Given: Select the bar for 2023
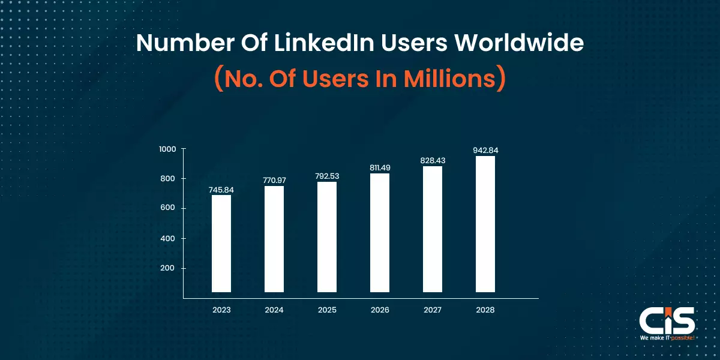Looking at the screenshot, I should (221, 244).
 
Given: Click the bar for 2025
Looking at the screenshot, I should (327, 237).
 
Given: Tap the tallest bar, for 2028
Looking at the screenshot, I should (485, 224).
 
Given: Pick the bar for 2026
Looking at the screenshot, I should (380, 233).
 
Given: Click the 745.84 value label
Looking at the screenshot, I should (221, 190).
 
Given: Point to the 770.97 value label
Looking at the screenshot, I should (274, 180).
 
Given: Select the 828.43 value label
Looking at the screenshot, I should (433, 161).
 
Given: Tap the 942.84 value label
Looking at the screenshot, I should (485, 150).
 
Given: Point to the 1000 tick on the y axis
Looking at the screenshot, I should (167, 149).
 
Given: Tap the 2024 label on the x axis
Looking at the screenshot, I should (274, 310).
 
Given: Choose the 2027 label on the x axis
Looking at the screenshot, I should (433, 310).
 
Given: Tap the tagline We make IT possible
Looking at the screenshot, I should (667, 338).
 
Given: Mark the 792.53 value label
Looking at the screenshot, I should (327, 176).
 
